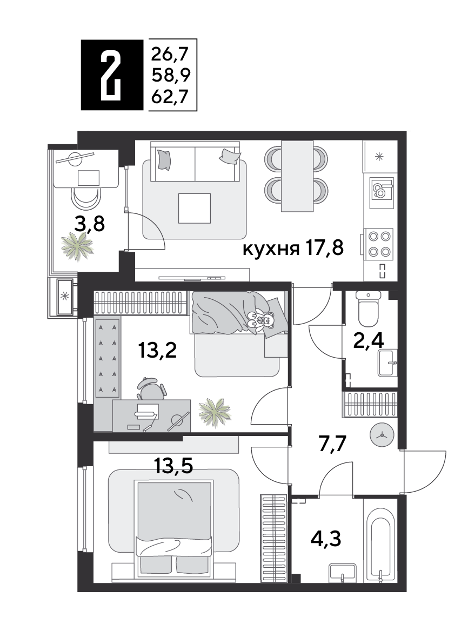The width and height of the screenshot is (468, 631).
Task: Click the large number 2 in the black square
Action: (x=111, y=75)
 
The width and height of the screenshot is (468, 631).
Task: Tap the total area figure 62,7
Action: (x=170, y=97)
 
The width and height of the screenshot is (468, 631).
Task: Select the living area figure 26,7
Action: (x=170, y=53)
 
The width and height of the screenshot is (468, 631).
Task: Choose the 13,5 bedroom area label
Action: (x=173, y=466)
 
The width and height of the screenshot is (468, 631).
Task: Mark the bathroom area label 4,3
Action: (x=326, y=538)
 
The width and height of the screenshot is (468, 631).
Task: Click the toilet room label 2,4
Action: (x=368, y=340)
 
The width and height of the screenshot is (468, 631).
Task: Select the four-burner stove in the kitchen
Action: (x=379, y=244)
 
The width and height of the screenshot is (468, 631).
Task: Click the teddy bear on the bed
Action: (x=260, y=321)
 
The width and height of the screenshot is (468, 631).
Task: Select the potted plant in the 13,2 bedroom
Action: (x=215, y=412)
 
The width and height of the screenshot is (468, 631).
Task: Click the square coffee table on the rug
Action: (x=195, y=209)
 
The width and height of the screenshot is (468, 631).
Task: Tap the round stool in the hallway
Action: (x=382, y=434)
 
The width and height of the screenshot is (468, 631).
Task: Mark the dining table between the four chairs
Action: (x=297, y=176)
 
